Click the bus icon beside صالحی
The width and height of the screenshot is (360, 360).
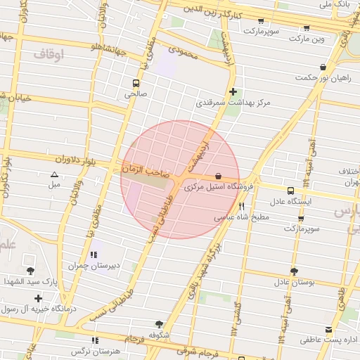pos(136,82)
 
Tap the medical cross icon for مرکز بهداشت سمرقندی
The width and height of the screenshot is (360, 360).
pos(233,91)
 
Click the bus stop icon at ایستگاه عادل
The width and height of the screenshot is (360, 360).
pos(290,191)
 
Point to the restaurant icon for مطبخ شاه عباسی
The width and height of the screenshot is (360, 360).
pos(242,207)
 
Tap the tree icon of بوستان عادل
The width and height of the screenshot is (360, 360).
pos(293,271)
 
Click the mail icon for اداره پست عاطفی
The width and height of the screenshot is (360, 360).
pos(328,330)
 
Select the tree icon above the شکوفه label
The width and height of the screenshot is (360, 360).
pos(159,324)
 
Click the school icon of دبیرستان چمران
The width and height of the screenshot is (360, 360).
pos(93,255)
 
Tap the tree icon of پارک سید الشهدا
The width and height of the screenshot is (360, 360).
pos(30,271)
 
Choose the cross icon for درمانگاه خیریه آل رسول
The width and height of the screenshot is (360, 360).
pos(38,298)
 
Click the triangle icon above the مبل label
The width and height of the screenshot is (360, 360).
pos(54,174)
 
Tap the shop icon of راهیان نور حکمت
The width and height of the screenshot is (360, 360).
pos(323,67)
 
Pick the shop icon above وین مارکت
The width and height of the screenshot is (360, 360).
pos(307,28)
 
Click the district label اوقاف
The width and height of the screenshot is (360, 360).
pos(49,53)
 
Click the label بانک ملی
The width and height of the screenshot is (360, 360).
pos(334,5)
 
